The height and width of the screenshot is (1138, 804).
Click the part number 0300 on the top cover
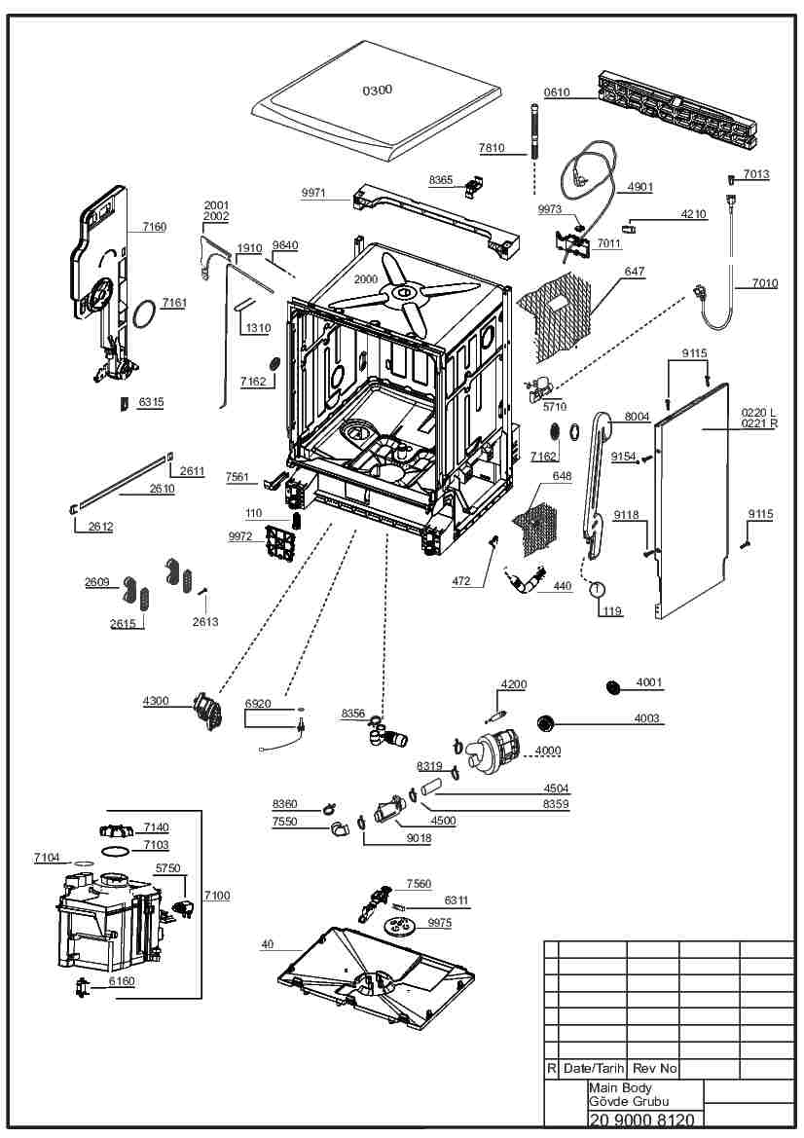pos(378,91)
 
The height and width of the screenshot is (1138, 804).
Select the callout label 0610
pos(557,92)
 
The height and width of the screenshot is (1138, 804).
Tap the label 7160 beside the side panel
pos(154,227)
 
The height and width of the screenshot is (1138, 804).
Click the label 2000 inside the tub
pos(365,279)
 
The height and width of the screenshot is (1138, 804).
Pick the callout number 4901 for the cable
pos(640,187)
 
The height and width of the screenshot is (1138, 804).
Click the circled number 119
pos(597,588)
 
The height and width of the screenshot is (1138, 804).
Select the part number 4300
pos(156,701)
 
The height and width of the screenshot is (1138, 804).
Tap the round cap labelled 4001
pos(613,687)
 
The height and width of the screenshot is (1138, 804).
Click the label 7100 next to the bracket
pos(217,896)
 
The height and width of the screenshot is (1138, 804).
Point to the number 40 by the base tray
pos(268,944)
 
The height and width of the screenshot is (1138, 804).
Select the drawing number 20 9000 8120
pos(641,1120)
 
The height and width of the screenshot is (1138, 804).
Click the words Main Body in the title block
pos(620,1087)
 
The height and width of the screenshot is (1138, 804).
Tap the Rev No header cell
pos(654,1068)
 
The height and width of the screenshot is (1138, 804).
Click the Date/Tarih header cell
pos(594,1068)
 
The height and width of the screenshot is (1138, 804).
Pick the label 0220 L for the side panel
pos(758,412)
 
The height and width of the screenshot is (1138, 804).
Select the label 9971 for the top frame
pos(313,193)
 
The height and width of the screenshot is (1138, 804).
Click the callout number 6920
pos(258,703)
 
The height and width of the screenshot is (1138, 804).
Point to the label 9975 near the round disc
pos(439,923)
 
